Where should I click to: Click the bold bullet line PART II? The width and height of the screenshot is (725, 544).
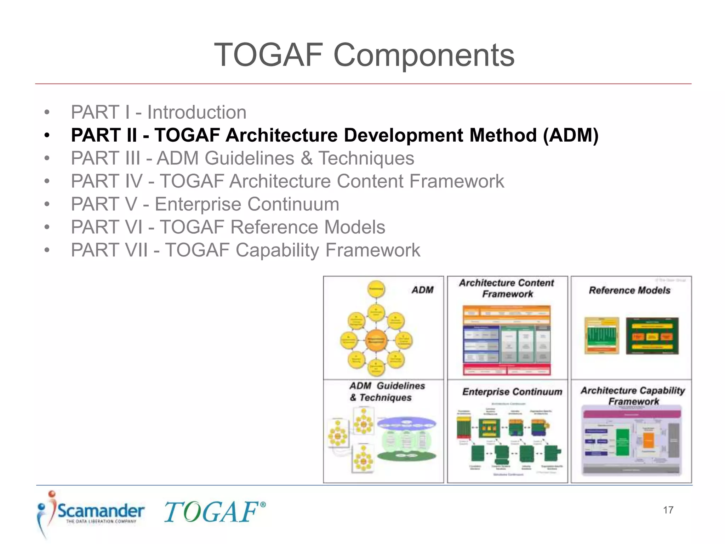pyautogui.click(x=334, y=135)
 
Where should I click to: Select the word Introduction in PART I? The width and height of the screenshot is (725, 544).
pyautogui.click(x=196, y=113)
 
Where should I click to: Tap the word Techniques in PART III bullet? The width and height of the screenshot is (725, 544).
pyautogui.click(x=366, y=158)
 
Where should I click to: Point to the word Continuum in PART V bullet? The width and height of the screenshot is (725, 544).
pyautogui.click(x=293, y=204)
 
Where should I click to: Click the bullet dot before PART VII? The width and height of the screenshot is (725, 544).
pyautogui.click(x=47, y=250)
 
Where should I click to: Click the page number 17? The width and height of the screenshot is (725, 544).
pyautogui.click(x=668, y=510)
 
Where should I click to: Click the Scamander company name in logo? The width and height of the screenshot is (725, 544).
pyautogui.click(x=101, y=511)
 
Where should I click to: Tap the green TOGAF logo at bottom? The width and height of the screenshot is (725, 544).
pyautogui.click(x=211, y=512)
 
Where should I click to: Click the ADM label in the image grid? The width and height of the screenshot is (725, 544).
pyautogui.click(x=422, y=290)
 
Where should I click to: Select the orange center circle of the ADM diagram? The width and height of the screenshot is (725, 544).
pyautogui.click(x=376, y=340)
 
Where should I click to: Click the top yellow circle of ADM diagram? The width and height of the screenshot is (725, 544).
pyautogui.click(x=376, y=289)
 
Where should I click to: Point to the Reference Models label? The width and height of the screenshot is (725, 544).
pyautogui.click(x=629, y=290)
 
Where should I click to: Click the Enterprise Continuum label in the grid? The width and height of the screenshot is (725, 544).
pyautogui.click(x=512, y=392)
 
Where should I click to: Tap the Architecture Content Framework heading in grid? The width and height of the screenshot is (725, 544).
pyautogui.click(x=507, y=288)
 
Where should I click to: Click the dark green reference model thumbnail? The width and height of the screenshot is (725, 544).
pyautogui.click(x=652, y=336)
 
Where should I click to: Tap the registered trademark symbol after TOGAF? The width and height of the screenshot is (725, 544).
pyautogui.click(x=263, y=504)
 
